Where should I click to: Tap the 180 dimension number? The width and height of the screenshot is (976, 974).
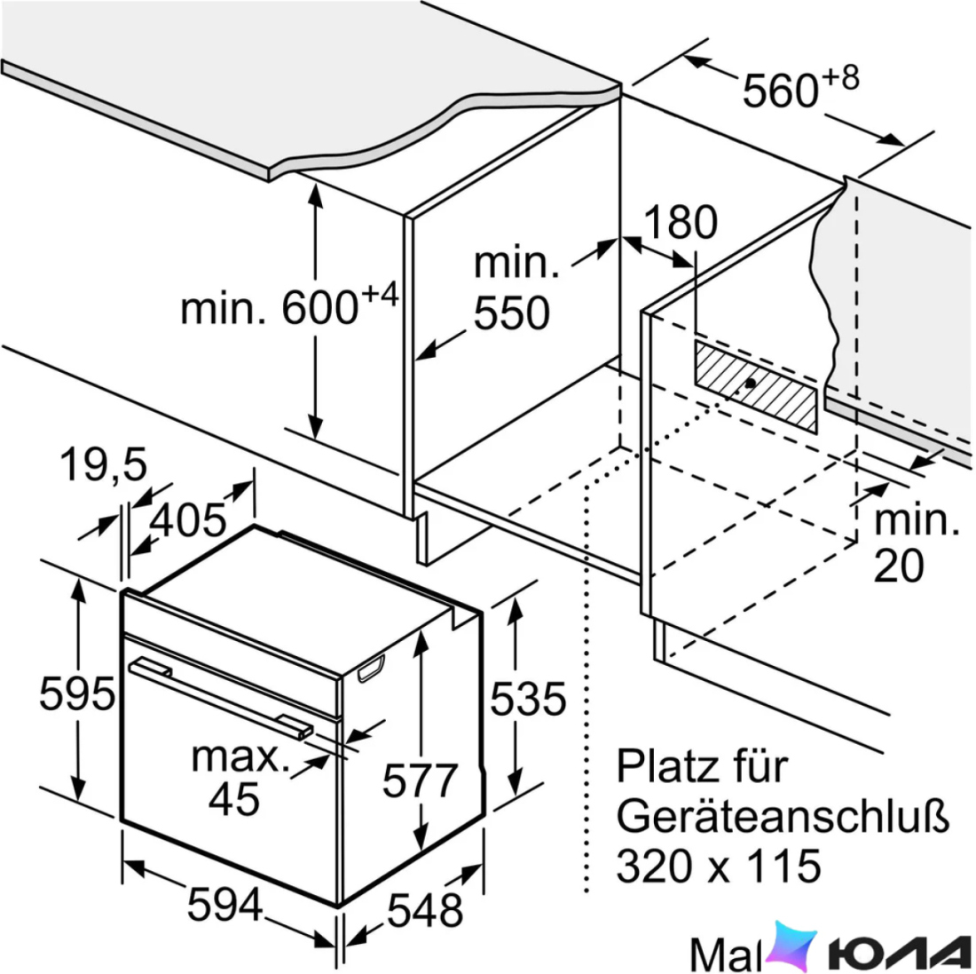click(680, 222)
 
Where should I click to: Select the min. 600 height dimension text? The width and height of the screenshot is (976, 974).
click(289, 305)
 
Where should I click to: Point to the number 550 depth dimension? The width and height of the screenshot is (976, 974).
click(512, 313)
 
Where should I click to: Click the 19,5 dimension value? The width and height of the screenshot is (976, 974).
click(104, 464)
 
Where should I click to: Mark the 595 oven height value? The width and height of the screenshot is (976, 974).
click(77, 693)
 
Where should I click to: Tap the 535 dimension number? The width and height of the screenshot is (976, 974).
click(528, 699)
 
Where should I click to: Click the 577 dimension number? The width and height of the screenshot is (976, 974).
click(420, 780)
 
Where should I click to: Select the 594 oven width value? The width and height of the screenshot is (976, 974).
click(224, 904)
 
